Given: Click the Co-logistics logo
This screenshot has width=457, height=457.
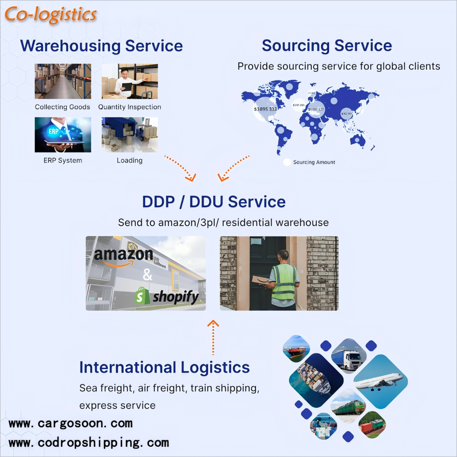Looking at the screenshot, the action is [50, 14].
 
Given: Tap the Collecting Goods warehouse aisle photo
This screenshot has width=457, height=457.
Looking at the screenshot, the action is [63, 81].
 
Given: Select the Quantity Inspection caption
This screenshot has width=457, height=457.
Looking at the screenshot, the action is [129, 107].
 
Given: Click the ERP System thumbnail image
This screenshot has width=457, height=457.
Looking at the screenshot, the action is [63, 134].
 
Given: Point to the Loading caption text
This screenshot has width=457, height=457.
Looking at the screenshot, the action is [129, 160].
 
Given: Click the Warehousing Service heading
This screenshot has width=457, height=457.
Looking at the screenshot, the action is [101, 46].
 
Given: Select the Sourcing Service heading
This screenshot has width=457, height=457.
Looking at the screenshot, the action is [327, 46].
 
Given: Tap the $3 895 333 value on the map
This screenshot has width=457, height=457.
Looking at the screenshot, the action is [265, 109].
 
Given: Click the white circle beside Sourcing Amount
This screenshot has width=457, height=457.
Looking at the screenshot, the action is [287, 162].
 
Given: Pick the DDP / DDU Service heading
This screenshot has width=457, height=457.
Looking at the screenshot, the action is [214, 202].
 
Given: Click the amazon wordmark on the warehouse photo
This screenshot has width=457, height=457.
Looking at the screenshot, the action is [123, 254].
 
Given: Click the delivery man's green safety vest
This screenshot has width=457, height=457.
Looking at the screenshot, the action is [284, 282].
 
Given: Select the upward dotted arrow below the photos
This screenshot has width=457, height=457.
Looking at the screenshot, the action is [213, 337].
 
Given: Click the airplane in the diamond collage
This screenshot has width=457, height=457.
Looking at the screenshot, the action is [379, 381].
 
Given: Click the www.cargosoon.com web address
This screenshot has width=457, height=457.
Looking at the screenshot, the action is [70, 423].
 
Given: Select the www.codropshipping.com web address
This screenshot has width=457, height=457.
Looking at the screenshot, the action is [88, 443].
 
